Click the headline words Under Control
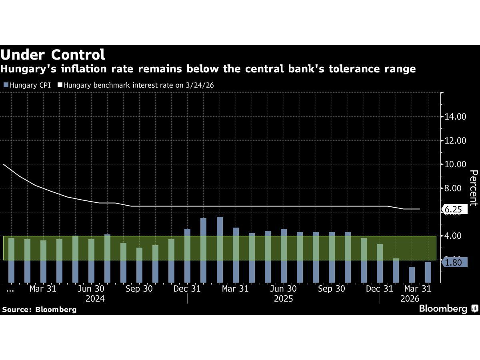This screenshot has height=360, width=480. [x=53, y=54]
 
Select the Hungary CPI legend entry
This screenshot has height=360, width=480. [x=27, y=85]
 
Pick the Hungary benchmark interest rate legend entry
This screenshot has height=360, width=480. [x=136, y=85]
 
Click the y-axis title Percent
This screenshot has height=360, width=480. [x=474, y=188]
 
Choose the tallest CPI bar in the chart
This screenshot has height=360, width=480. [x=220, y=250]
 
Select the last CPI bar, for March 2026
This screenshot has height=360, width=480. [x=428, y=272]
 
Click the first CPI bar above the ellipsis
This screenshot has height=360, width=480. [x=11, y=260]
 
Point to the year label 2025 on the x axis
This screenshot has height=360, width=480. [x=283, y=299]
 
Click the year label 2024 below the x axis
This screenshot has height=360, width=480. [x=95, y=299]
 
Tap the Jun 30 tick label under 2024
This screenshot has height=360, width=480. [x=91, y=289]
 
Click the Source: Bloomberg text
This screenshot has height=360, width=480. [x=39, y=310]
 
